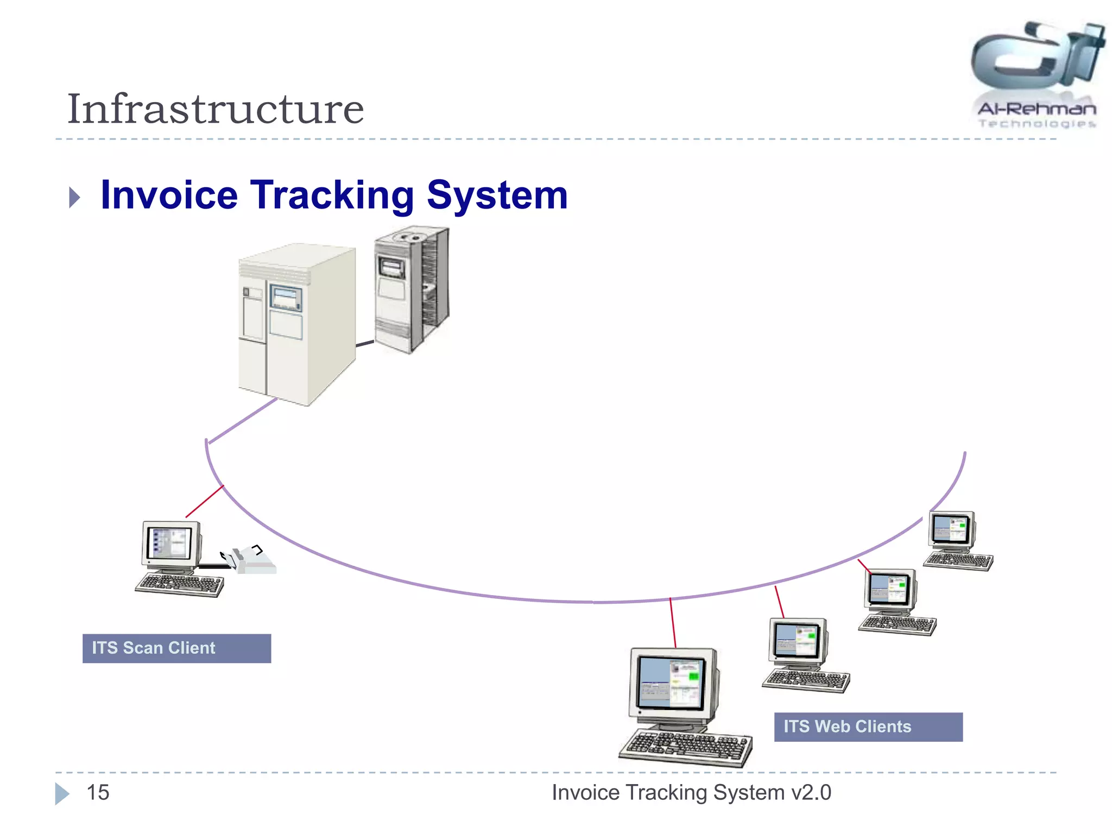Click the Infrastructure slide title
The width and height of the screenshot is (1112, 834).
(x=215, y=109)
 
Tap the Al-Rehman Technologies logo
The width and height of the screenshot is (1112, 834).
(x=1037, y=76)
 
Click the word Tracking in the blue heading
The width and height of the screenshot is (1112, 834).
(x=332, y=195)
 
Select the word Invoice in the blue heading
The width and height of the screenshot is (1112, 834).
(x=169, y=195)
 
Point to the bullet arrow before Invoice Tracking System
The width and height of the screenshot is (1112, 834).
(x=75, y=197)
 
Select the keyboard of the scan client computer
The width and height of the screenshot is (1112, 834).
(x=180, y=585)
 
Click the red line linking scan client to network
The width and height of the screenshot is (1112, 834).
(x=204, y=502)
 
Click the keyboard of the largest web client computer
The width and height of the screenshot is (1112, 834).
(x=685, y=747)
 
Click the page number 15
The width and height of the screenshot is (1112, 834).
(x=98, y=792)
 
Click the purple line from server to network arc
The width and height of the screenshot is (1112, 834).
(x=243, y=421)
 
